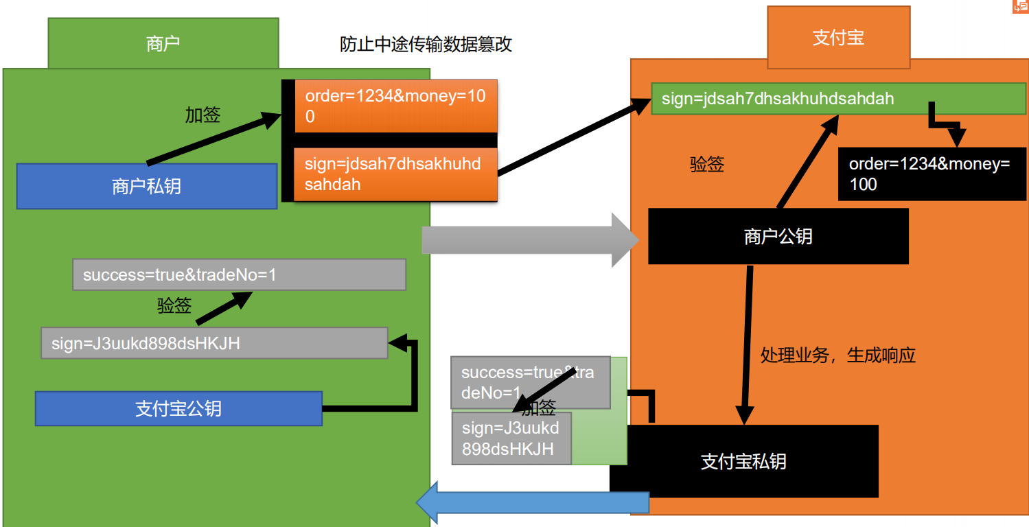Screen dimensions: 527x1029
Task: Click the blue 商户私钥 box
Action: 146,186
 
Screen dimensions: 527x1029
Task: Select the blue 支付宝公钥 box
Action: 178,408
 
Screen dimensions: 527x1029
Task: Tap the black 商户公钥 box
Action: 778,237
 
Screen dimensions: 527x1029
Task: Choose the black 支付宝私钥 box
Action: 743,461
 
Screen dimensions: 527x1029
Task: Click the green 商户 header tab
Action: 163,44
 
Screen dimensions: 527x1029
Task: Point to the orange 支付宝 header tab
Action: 838,38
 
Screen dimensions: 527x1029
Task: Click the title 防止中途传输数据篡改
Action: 426,45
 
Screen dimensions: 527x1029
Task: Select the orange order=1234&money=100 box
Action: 395,106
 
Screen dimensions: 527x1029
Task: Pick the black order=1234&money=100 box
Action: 932,174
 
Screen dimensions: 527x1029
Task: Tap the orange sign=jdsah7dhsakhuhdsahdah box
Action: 395,174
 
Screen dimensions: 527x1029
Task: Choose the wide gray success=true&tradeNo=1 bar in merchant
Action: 239,274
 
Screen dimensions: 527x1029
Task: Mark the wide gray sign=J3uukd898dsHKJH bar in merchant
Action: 214,343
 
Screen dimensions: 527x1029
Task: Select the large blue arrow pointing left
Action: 532,503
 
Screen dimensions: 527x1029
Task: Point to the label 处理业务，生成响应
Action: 837,355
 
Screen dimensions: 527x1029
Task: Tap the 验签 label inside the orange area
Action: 707,165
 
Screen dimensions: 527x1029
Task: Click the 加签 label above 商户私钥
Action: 203,115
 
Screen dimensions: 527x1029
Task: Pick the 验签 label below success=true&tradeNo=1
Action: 174,306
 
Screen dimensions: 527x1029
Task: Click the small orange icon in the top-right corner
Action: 1021,6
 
